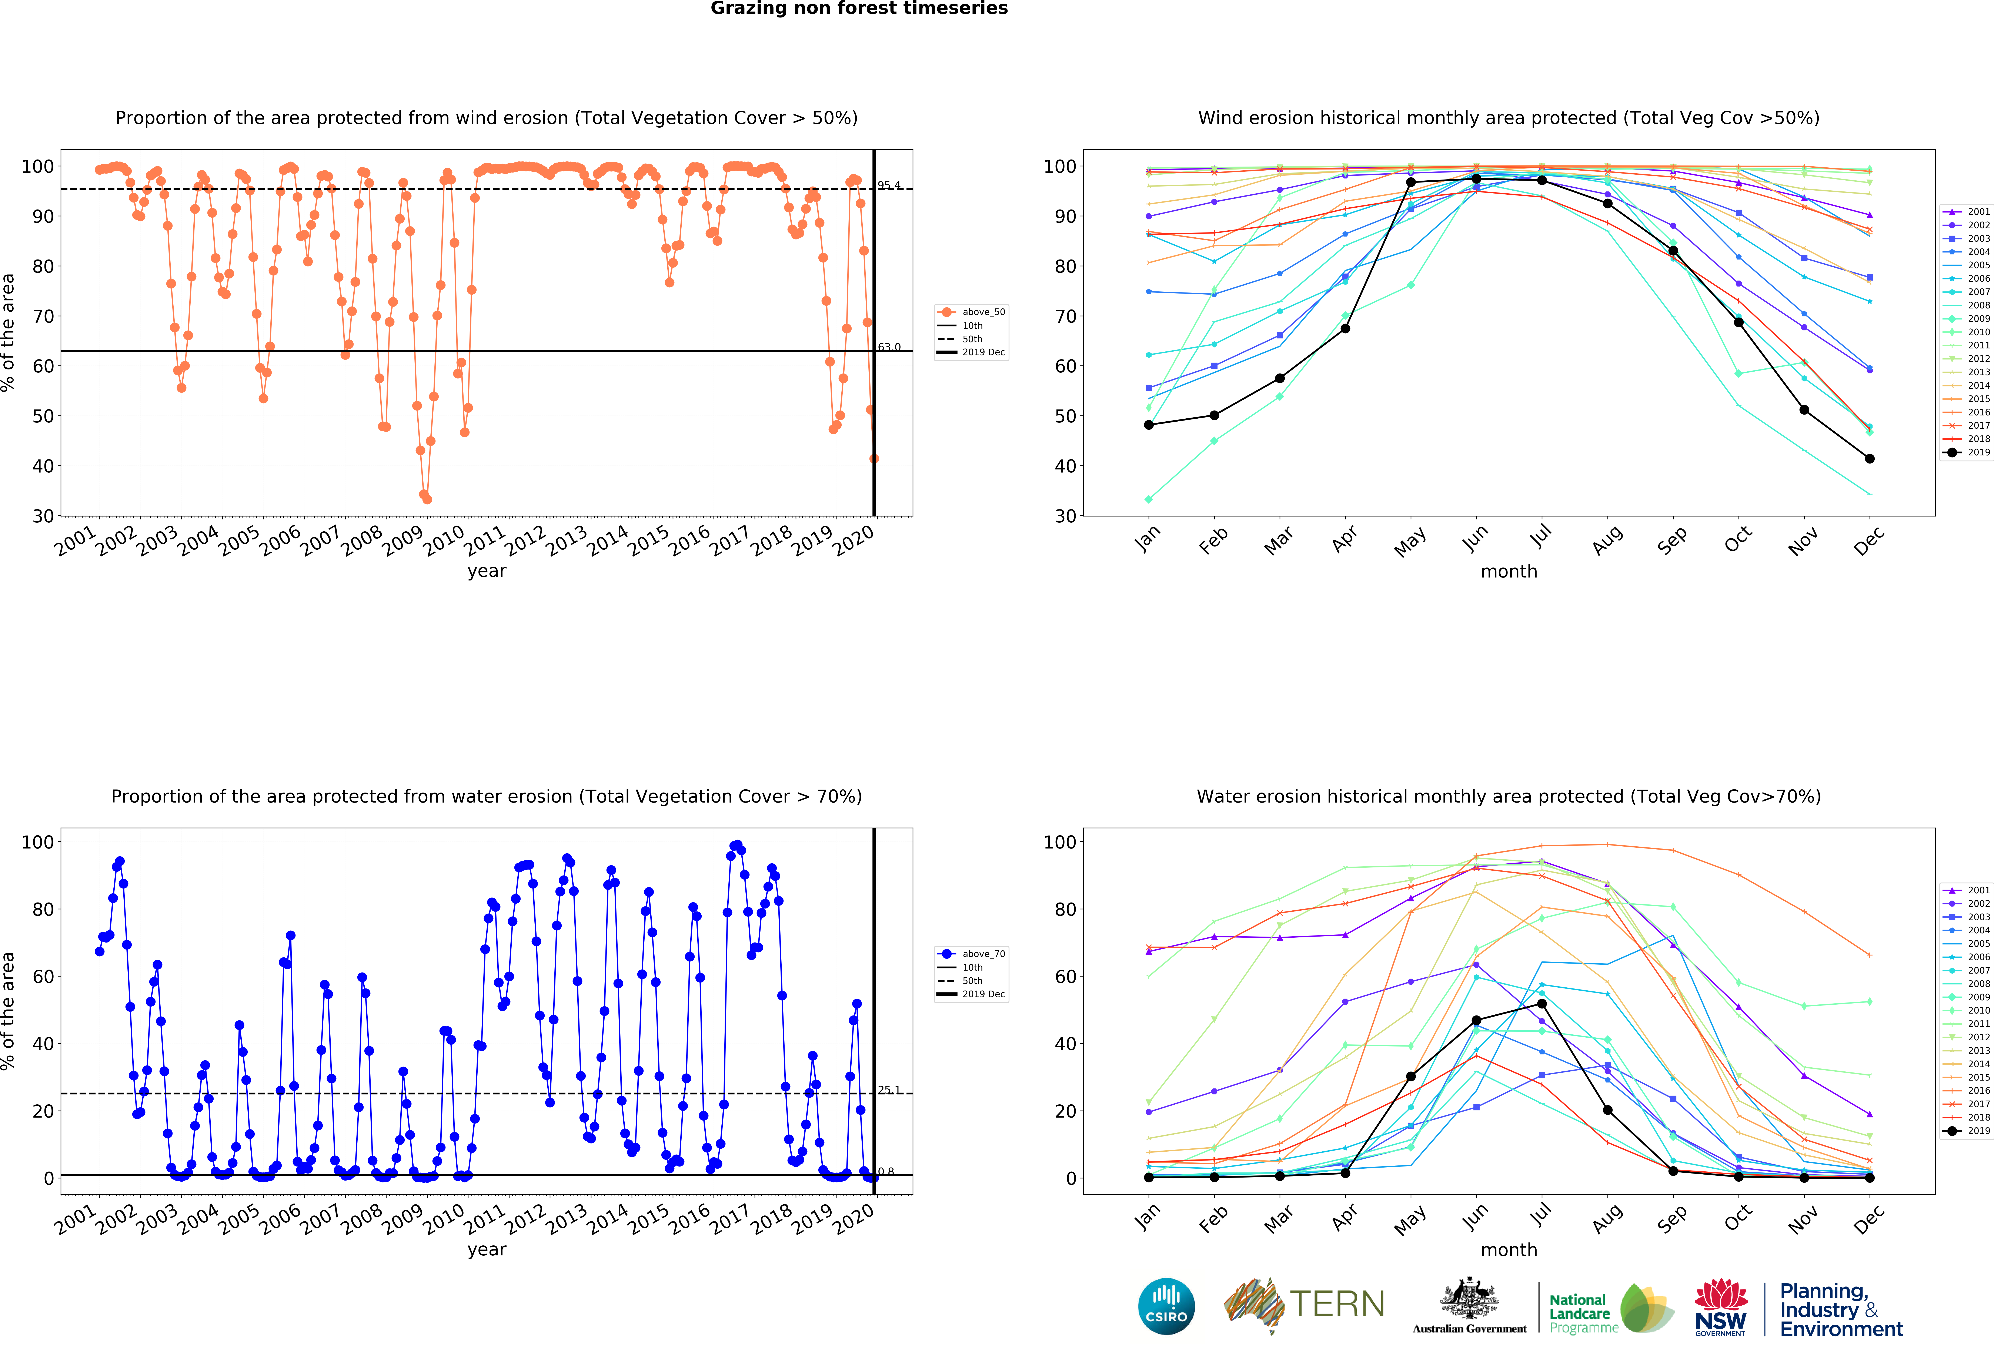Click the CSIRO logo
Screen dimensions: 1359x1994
tap(1166, 1307)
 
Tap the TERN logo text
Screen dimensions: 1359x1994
tap(1337, 1304)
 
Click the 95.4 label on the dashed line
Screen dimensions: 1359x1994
tap(889, 185)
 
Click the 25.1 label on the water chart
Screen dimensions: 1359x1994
tap(889, 1089)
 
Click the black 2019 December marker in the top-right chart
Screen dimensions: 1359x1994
tap(1870, 459)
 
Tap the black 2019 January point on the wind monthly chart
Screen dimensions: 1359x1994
tap(1149, 425)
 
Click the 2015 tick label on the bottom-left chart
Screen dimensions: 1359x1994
tap(649, 1219)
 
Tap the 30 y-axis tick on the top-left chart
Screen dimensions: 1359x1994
tap(43, 516)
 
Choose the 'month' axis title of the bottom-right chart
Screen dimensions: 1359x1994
tap(1508, 1250)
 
